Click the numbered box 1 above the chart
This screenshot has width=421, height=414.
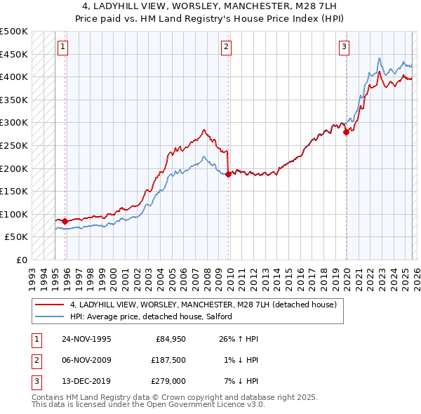coord(63,47)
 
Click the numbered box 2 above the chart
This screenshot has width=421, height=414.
coord(227,47)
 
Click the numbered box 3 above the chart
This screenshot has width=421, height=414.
coord(345,47)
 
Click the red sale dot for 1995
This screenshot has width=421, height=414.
coord(65,221)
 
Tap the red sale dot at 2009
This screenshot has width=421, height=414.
coord(229,174)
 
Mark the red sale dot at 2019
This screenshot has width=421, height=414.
coord(346,132)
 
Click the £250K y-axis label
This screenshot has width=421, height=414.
coord(14,145)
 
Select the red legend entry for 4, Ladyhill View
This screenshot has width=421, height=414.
coord(203,305)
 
